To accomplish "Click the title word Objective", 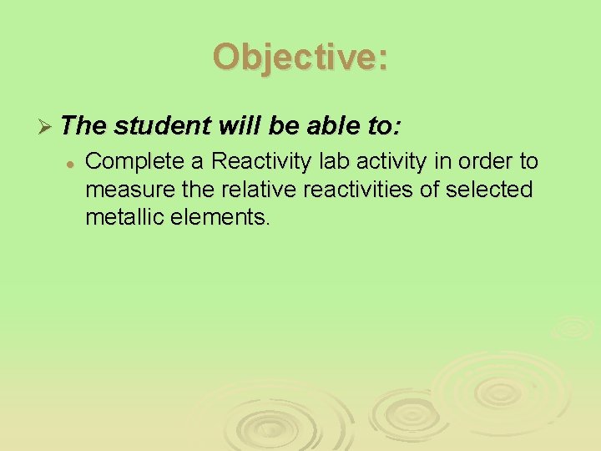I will [300, 58].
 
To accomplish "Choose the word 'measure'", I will [122, 190].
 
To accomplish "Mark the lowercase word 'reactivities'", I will [347, 190].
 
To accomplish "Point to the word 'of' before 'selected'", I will [430, 190].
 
